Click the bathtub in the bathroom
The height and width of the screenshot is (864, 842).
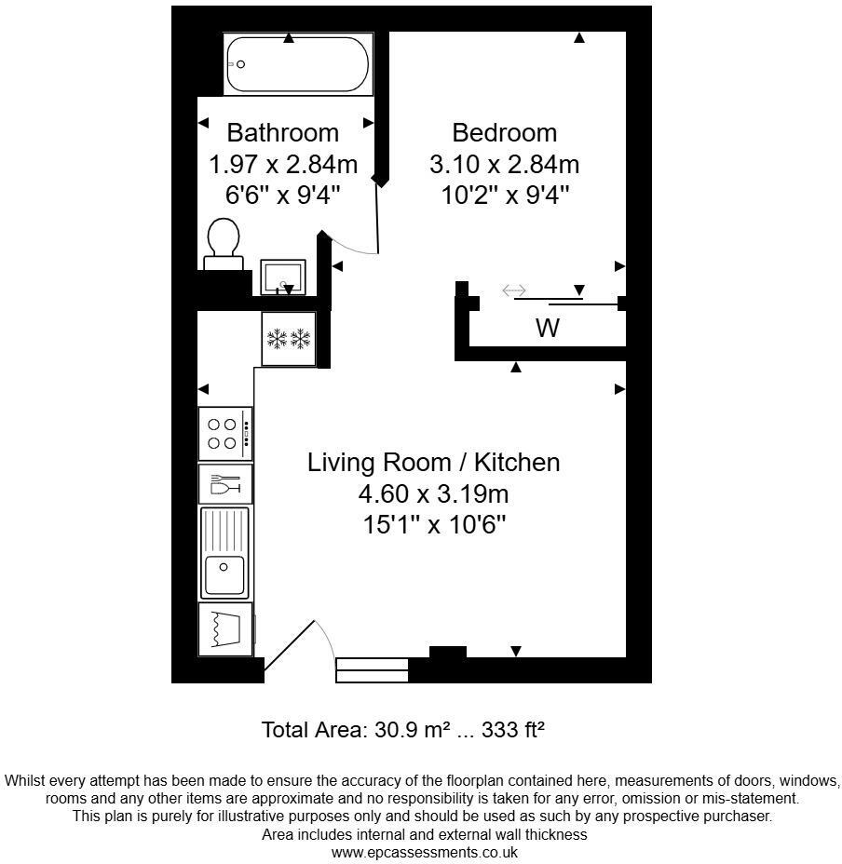click(x=297, y=64)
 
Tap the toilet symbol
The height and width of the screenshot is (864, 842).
click(x=224, y=245)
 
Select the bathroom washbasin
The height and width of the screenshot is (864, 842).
click(x=282, y=277)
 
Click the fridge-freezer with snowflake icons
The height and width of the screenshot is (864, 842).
click(x=289, y=338)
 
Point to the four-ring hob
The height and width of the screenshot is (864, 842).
click(x=224, y=433)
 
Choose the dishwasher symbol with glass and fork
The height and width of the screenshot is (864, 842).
click(x=225, y=485)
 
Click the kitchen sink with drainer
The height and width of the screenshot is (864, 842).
click(x=224, y=552)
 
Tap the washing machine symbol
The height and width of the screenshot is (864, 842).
click(x=225, y=629)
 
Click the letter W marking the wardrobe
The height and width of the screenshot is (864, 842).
click(x=548, y=329)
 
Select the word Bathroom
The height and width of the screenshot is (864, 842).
click(x=283, y=132)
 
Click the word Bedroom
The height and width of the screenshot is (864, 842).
click(x=504, y=132)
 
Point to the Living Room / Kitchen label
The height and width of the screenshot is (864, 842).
click(x=434, y=463)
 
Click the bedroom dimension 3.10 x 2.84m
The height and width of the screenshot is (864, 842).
click(x=504, y=165)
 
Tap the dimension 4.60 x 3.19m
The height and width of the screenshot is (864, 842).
click(x=434, y=493)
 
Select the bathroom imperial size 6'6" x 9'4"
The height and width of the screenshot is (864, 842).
click(x=283, y=196)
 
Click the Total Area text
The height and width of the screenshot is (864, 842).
click(x=402, y=730)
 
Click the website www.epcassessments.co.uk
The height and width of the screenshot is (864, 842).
click(x=424, y=852)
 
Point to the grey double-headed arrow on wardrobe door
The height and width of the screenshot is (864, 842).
click(x=514, y=291)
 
